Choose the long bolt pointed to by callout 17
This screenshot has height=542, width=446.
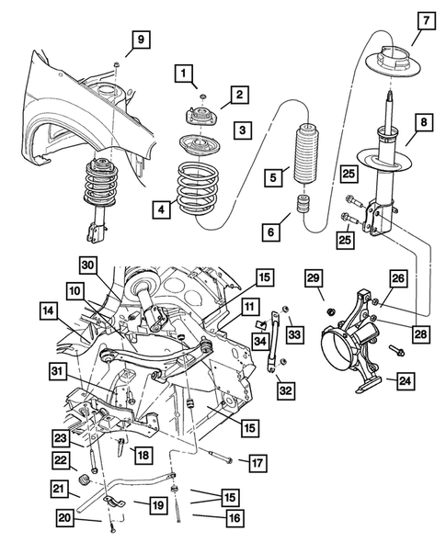tap(215, 456)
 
